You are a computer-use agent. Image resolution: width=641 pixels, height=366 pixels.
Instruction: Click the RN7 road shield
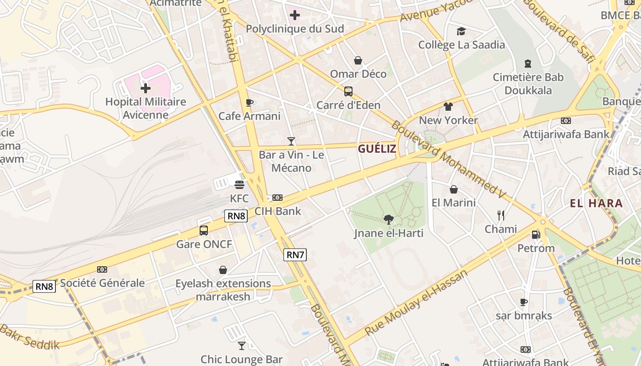[x=295, y=255]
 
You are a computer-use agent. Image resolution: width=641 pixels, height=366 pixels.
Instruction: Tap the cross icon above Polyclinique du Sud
[x=295, y=15]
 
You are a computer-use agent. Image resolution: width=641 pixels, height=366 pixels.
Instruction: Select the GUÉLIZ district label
[x=377, y=149]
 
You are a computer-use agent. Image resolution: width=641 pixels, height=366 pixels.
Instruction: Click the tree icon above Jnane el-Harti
[x=388, y=220]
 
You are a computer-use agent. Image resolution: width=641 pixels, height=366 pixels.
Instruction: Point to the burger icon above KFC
[x=239, y=185]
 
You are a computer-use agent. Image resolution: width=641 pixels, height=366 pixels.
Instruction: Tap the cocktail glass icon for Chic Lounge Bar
[x=242, y=345]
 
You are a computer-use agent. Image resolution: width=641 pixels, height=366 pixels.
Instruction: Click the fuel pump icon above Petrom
[x=535, y=235]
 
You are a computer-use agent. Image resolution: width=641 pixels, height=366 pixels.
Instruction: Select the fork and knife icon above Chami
[x=501, y=215]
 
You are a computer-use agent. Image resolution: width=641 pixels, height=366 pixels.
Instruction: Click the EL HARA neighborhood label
[x=596, y=204]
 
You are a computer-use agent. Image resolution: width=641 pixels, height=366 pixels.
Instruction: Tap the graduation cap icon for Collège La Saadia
[x=461, y=31]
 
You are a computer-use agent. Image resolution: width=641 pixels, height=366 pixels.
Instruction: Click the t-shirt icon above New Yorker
[x=448, y=107]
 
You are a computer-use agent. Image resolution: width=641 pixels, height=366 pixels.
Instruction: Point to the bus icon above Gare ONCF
[x=204, y=231]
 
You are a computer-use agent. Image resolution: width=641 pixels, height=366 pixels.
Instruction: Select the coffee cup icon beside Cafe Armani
[x=249, y=102]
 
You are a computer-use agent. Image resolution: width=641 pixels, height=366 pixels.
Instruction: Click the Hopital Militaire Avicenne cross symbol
[x=146, y=88]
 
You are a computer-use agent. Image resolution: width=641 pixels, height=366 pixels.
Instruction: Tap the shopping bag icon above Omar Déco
[x=358, y=60]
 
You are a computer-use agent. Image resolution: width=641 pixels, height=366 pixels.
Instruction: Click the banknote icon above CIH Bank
[x=277, y=198]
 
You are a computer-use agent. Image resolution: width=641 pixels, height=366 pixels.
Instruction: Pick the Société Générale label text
[x=103, y=283]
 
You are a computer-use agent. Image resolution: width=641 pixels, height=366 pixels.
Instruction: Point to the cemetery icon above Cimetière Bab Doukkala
[x=528, y=64]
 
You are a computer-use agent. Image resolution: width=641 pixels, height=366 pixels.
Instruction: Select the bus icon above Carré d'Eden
[x=348, y=91]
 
